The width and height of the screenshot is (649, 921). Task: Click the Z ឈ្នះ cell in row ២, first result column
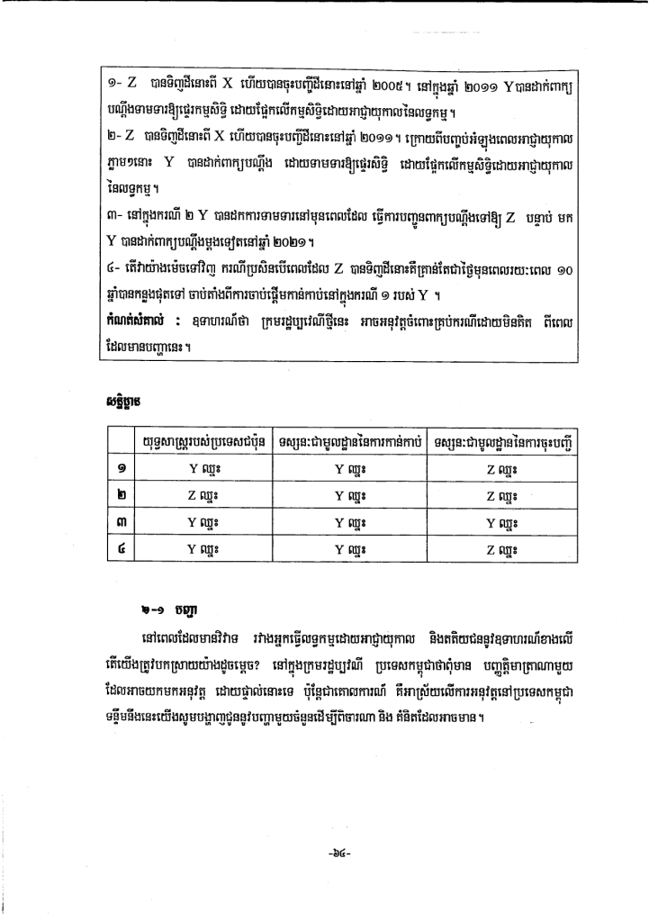208,496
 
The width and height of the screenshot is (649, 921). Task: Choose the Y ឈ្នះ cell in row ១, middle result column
351,469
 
